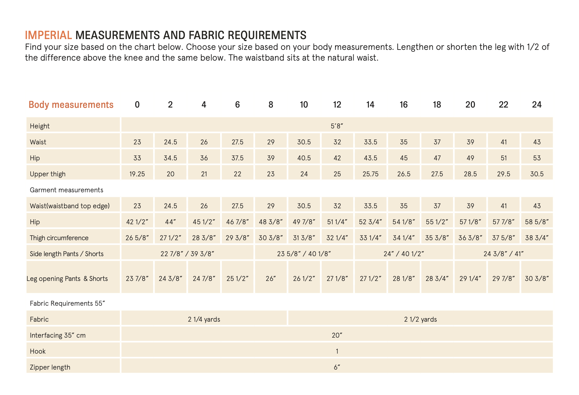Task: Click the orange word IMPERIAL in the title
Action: pos(49,35)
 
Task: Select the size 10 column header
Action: pos(304,105)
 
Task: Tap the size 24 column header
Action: pos(537,105)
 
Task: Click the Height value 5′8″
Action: pos(337,126)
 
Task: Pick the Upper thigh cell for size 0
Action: pos(137,174)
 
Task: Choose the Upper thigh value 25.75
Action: pos(371,174)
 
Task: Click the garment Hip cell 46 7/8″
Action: pos(237,222)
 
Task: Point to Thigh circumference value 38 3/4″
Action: pos(537,238)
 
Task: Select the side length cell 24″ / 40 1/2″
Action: pos(404,254)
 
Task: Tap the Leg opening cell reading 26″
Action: pos(271,279)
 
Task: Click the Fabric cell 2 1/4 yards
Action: pos(204,319)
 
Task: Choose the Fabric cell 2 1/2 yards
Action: pos(420,319)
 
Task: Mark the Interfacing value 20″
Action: pos(337,335)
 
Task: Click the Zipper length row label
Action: pos(50,367)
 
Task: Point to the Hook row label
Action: pos(38,351)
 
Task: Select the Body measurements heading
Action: pos(71,105)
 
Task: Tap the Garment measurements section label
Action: pos(66,190)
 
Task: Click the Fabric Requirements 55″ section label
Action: pos(67,303)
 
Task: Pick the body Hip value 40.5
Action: pos(304,158)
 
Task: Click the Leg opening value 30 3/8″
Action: pos(537,279)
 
